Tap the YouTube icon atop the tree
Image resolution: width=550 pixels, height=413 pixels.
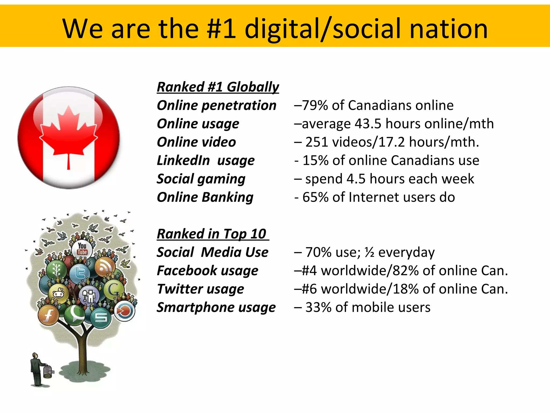pos(82,249)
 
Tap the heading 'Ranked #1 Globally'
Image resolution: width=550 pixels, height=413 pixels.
pos(218,87)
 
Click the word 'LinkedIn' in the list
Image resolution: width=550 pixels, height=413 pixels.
pos(183,161)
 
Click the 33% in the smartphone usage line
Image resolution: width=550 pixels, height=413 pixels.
pos(318,307)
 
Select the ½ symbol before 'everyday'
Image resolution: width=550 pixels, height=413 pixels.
pos(369,252)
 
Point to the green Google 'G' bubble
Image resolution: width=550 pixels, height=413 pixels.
pos(114,290)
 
